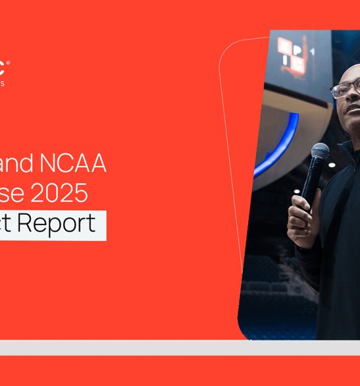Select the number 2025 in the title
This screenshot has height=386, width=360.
(67, 194)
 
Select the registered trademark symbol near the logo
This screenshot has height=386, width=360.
(8, 62)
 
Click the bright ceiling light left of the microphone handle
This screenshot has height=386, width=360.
(296, 191)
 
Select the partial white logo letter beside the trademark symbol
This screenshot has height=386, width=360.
(3, 67)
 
